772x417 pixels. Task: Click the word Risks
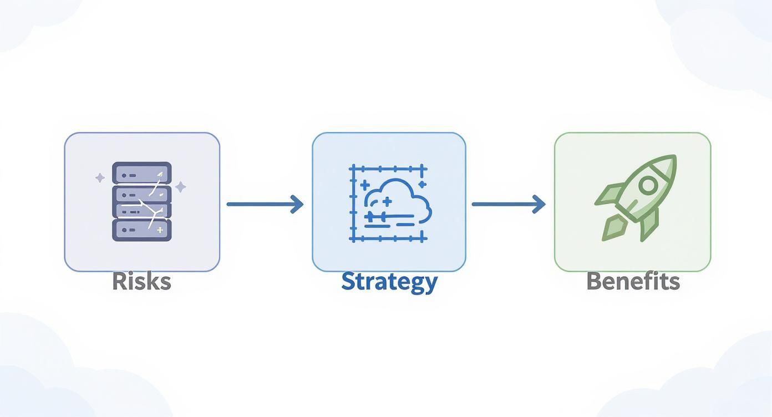coord(141,282)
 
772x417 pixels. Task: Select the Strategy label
coord(389,282)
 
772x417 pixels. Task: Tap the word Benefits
coord(633,282)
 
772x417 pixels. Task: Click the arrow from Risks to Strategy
coord(264,204)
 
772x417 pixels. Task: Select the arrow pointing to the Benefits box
coord(508,204)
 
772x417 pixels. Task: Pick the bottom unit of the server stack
coord(142,230)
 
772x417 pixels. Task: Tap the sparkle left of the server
coord(100,178)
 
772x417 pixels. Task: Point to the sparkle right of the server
coord(180,187)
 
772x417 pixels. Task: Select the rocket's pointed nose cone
coord(668,164)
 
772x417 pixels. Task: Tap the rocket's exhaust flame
coord(614,228)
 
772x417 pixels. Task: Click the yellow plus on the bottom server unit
coord(160,230)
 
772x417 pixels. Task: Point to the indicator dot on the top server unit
coord(125,175)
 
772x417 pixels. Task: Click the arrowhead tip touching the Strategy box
coord(302,204)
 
